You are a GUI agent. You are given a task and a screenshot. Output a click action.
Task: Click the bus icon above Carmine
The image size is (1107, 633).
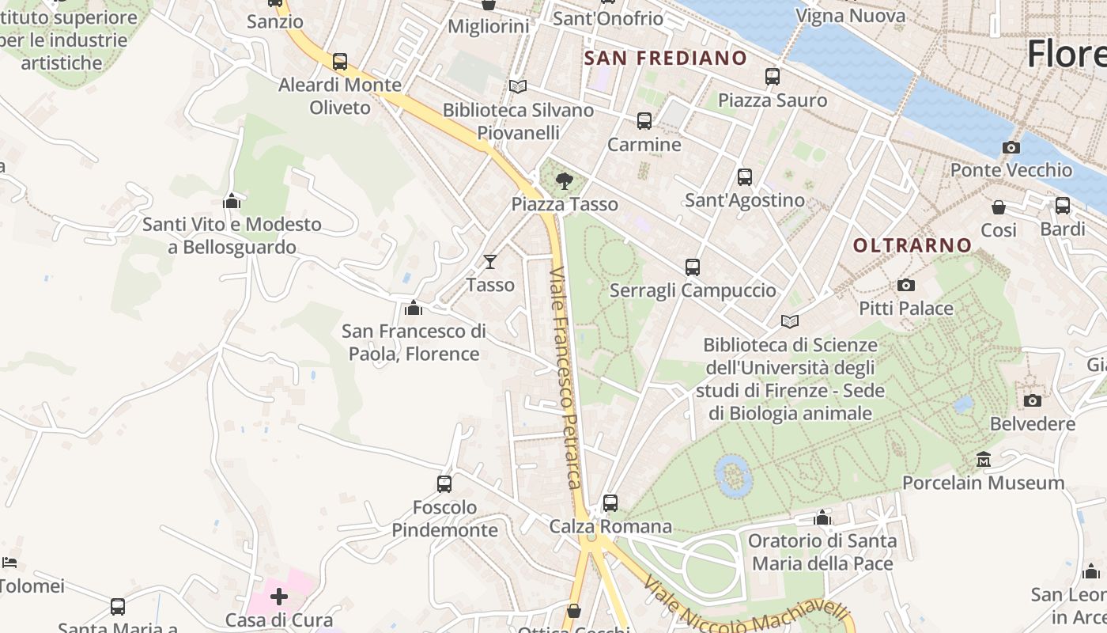tap(644, 121)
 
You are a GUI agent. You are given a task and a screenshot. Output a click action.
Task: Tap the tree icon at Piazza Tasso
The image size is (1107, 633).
tap(564, 181)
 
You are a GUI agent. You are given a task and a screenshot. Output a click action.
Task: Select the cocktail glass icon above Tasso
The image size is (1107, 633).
tap(490, 261)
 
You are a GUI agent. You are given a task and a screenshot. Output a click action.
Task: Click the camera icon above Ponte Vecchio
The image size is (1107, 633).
tap(1011, 147)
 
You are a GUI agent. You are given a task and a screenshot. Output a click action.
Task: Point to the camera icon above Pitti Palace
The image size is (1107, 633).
tap(906, 285)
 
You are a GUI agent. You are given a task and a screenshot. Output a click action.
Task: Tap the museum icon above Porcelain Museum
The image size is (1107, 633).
tap(984, 459)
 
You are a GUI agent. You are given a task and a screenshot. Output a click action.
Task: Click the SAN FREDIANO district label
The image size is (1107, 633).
tap(665, 58)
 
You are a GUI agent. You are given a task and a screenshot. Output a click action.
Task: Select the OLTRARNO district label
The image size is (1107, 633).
tap(912, 245)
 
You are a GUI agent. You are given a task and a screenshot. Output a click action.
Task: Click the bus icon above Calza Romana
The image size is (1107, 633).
tap(610, 502)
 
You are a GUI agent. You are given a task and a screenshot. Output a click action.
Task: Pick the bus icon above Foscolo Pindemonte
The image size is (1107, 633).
tap(444, 483)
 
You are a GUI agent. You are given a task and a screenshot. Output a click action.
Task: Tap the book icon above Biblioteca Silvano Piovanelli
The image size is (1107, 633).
tap(518, 86)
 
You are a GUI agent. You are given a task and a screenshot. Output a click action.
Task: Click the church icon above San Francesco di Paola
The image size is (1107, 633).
tap(413, 307)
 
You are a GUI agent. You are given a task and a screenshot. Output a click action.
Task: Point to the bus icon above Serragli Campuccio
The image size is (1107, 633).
tap(693, 267)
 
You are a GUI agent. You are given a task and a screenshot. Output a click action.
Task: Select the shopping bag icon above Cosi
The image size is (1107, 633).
tap(999, 207)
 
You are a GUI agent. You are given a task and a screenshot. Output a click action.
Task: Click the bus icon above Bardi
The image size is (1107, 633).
tap(1063, 206)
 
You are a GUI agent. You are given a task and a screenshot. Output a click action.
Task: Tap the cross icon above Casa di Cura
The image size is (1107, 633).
tap(279, 596)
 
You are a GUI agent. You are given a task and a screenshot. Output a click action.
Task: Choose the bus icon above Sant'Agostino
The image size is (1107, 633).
tap(744, 177)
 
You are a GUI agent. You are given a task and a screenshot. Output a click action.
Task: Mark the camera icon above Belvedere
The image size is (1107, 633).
tap(1032, 400)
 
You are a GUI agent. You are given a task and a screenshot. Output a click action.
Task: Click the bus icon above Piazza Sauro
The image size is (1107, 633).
tap(773, 77)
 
